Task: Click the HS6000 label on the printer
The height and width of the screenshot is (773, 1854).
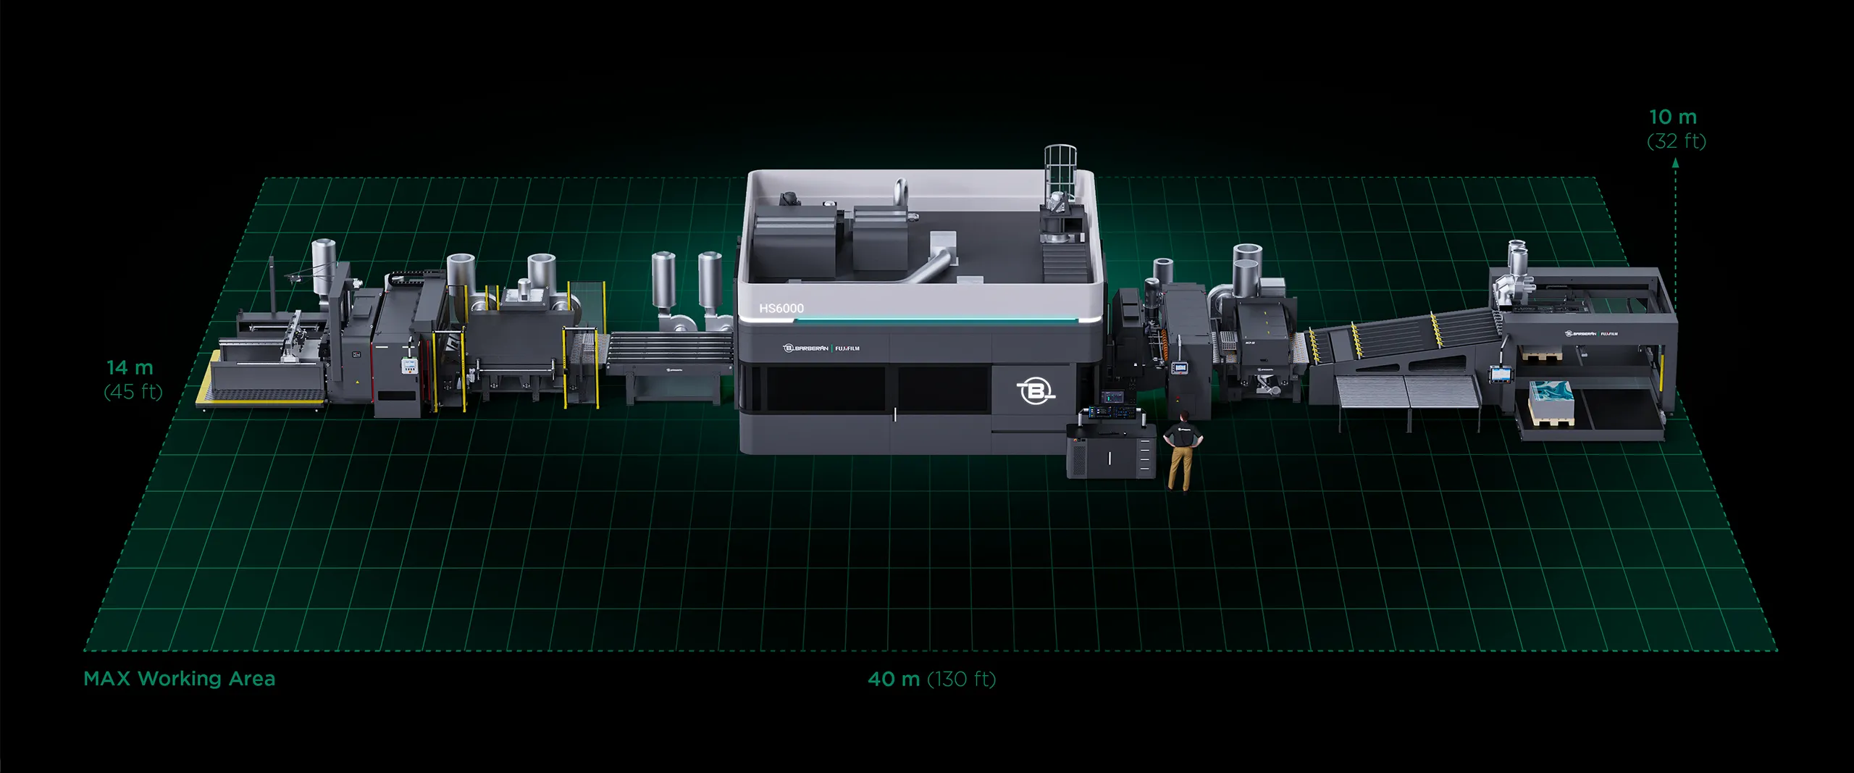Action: (x=781, y=309)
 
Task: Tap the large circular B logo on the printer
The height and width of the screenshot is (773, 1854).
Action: (x=1036, y=391)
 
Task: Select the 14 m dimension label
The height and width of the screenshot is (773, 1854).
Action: (x=130, y=368)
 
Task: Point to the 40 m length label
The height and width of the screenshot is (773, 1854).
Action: (x=894, y=680)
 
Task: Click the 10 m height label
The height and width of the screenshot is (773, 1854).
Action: (x=1673, y=117)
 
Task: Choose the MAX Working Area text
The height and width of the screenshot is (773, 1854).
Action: (x=180, y=679)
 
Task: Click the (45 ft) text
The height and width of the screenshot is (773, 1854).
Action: (x=133, y=392)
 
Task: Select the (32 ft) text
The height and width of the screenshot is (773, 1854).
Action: (x=1677, y=141)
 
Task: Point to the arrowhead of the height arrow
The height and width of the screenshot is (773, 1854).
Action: (x=1675, y=164)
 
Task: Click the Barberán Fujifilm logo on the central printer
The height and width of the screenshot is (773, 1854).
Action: (x=821, y=348)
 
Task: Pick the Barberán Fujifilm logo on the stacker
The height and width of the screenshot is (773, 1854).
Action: (x=1591, y=334)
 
